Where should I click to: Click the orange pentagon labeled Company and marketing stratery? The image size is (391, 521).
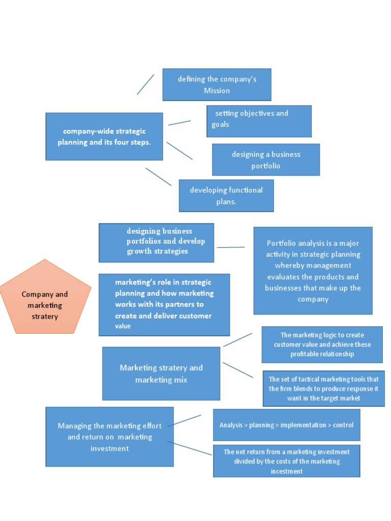click(45, 300)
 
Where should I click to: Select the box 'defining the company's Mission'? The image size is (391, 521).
click(216, 84)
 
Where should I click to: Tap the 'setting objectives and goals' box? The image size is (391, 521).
click(259, 121)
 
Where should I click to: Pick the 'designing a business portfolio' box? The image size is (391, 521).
click(266, 159)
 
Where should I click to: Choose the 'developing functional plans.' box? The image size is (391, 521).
click(226, 195)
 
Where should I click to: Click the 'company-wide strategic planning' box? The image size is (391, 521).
click(104, 136)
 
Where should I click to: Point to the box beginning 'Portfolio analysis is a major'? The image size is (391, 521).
click(313, 270)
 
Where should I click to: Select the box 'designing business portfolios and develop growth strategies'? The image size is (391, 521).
click(156, 242)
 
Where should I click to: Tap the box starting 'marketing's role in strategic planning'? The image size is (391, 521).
click(164, 304)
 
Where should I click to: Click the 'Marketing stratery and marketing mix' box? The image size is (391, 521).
click(161, 373)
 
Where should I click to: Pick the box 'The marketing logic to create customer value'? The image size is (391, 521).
click(322, 344)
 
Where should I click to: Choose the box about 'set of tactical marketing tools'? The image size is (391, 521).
click(323, 389)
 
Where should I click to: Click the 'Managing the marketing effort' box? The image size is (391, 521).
click(109, 436)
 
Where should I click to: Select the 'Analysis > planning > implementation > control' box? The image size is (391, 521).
click(286, 425)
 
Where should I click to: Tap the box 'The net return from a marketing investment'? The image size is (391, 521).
click(286, 461)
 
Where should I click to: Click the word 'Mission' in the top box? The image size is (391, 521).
click(217, 91)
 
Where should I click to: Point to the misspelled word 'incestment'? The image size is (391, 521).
click(287, 471)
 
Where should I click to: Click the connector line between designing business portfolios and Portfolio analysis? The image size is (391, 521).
click(230, 247)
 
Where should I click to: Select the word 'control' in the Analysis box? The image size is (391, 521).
click(343, 425)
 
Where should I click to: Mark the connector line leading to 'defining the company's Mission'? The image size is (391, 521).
click(145, 84)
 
